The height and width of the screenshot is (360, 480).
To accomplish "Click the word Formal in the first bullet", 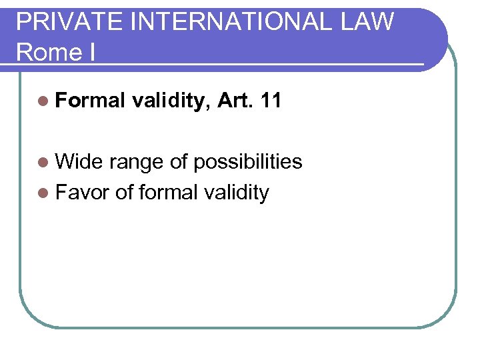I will tap(91, 101).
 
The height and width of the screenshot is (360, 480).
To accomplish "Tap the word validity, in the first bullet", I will tap(171, 101).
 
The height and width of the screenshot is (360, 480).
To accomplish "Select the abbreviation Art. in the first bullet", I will tap(237, 101).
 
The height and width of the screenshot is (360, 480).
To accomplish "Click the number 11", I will tap(271, 101).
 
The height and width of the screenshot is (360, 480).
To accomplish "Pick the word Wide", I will tap(79, 162).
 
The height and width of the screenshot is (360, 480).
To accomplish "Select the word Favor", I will tap(83, 193).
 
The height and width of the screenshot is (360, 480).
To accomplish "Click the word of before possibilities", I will tap(180, 162).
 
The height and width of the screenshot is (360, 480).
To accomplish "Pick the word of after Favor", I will tap(125, 193).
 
